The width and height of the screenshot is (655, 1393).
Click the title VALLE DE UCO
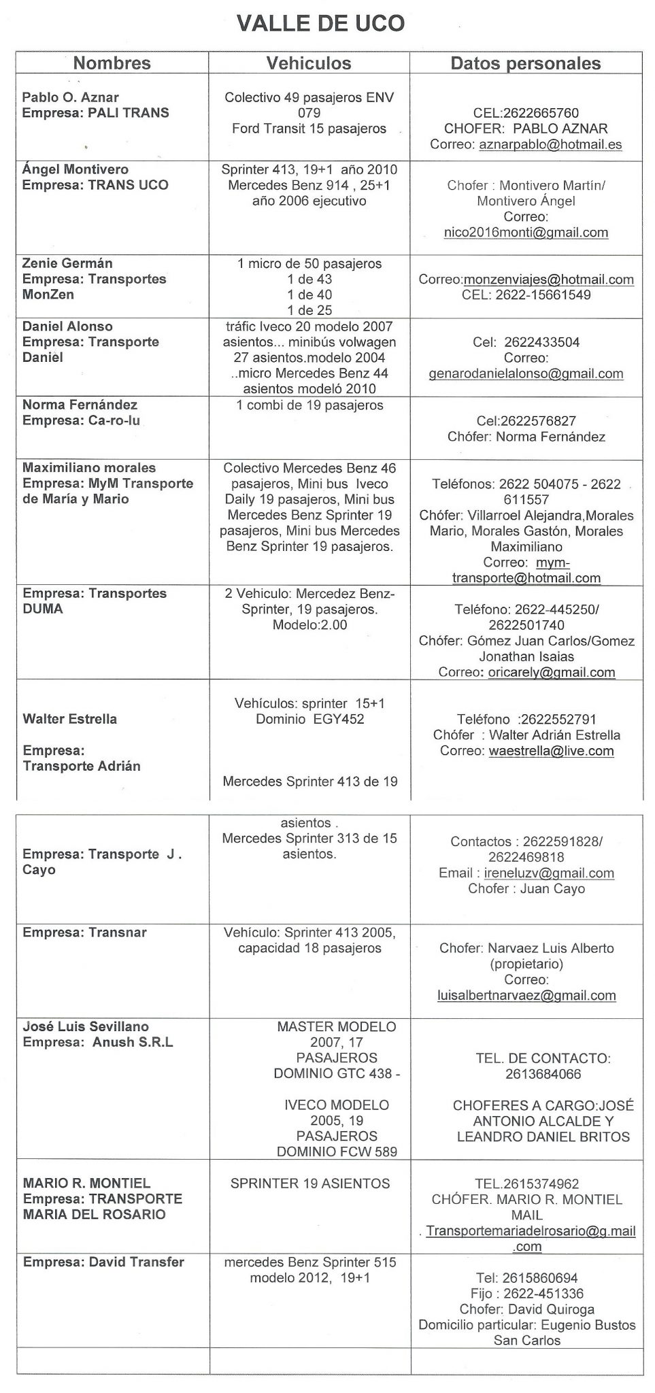tap(320, 24)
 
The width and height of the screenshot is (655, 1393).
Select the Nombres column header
tap(112, 63)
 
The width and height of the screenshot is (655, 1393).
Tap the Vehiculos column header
tap(309, 63)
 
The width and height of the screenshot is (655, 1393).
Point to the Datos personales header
tap(526, 64)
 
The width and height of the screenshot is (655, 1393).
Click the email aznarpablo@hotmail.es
tap(550, 144)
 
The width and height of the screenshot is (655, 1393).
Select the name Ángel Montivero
tap(75, 169)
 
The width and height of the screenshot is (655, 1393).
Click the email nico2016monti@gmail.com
tap(526, 233)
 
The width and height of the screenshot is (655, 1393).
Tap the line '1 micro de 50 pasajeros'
tap(309, 263)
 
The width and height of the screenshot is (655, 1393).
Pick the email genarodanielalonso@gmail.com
tap(526, 373)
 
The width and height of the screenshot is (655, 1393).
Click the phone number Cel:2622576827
tap(526, 421)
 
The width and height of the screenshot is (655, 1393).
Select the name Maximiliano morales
tap(89, 468)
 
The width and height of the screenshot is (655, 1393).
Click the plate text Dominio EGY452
tap(309, 719)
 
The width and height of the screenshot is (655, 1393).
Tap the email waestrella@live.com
tap(551, 751)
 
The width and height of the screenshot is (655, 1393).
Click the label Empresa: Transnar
tap(84, 933)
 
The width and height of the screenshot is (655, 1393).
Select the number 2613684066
tap(543, 1074)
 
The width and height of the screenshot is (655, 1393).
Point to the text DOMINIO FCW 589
tap(337, 1152)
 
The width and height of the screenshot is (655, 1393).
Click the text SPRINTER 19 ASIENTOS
tap(310, 1184)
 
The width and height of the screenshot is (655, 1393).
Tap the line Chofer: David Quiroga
tap(526, 1309)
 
